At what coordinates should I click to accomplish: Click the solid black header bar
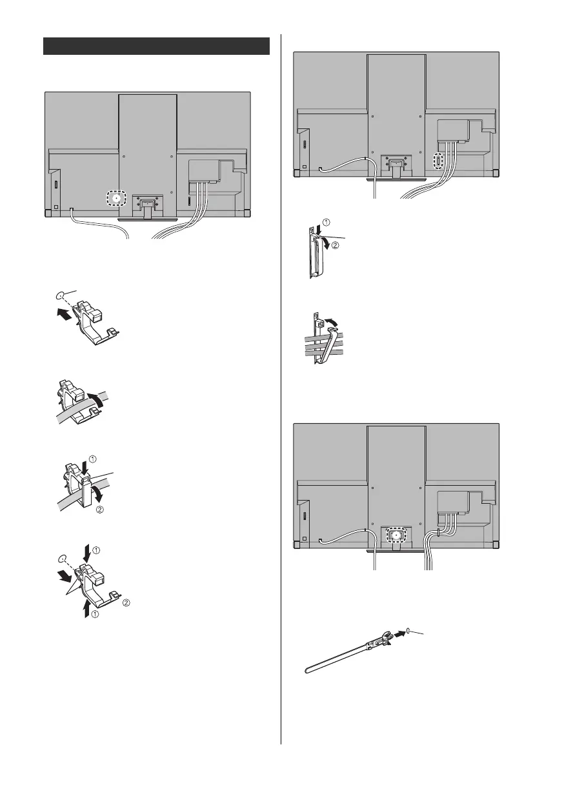[x=156, y=46]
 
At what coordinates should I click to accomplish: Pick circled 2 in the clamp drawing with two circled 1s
[x=126, y=604]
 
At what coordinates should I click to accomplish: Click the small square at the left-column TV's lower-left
[x=55, y=208]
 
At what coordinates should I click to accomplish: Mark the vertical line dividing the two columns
[x=281, y=387]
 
